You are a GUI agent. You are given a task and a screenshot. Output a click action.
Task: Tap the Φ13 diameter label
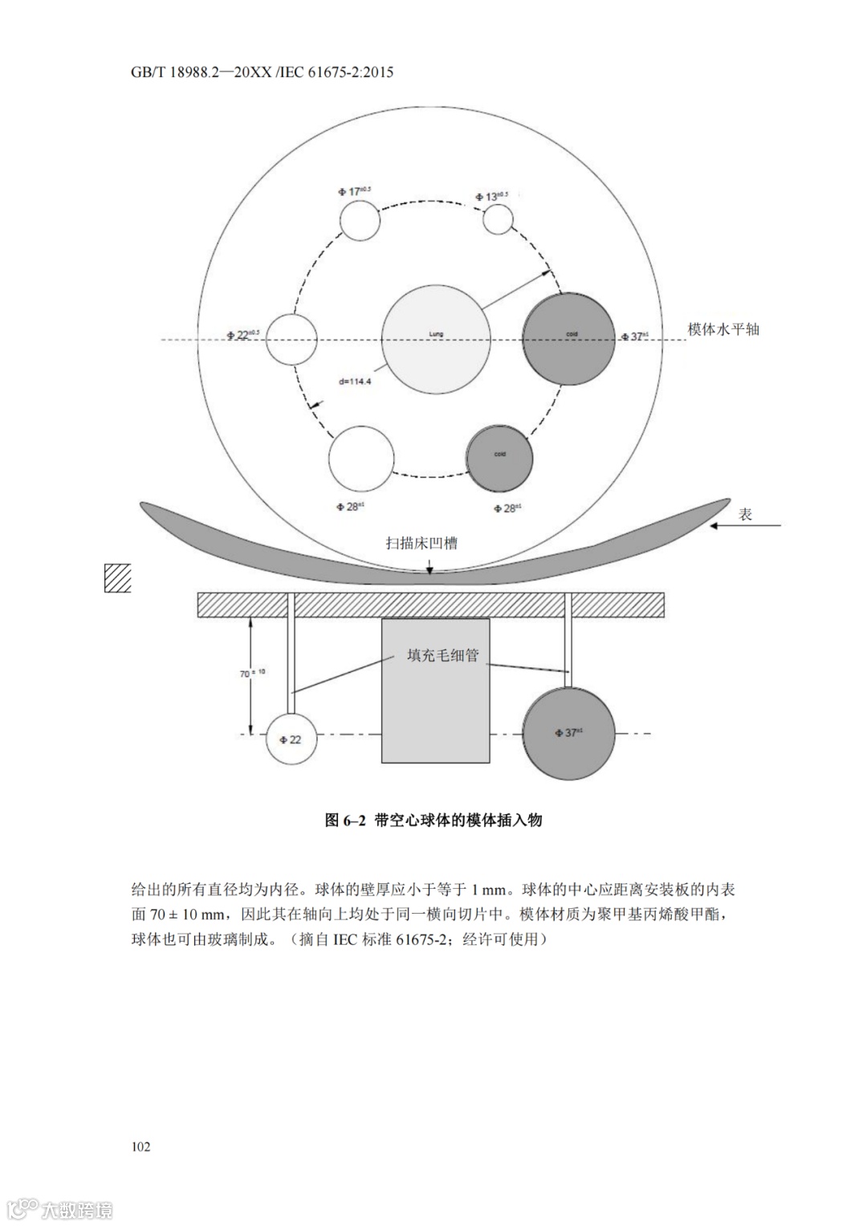497,195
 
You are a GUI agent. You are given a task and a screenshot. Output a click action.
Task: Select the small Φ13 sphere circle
498,219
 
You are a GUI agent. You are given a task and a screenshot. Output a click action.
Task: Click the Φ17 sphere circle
359,220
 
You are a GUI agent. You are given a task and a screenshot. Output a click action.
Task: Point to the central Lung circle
436,340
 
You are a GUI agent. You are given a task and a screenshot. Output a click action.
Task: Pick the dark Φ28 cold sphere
499,458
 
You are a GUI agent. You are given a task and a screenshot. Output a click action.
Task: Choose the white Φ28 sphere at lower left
361,458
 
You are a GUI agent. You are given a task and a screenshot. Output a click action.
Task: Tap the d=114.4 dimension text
354,381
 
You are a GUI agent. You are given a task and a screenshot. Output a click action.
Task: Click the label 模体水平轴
723,329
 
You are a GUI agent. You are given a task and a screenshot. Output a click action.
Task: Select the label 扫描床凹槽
421,544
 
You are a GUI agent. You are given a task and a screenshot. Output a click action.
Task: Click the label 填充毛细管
442,655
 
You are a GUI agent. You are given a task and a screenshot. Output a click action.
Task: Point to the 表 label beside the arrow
746,515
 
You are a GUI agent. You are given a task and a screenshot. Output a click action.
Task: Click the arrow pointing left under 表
746,527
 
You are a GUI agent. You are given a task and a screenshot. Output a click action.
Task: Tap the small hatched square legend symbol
118,578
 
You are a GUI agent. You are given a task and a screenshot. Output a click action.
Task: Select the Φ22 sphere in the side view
291,738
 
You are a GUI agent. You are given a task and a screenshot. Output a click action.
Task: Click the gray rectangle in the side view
436,690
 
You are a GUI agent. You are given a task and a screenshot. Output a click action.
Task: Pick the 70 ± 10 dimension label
252,673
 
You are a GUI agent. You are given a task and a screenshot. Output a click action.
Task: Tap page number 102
140,1147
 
